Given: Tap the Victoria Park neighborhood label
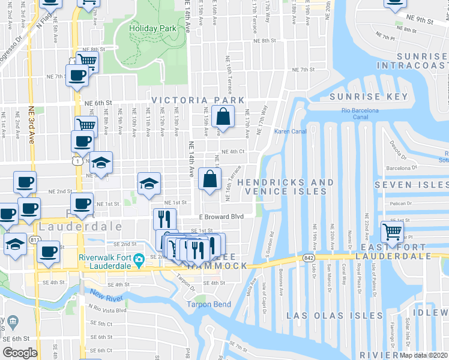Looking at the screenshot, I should [x=198, y=100].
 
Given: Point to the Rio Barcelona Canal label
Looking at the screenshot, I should [x=360, y=114].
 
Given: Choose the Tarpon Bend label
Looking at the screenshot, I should [x=208, y=304].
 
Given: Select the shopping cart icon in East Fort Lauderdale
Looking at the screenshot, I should [x=392, y=230].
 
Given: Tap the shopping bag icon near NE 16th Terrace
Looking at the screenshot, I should [x=209, y=179].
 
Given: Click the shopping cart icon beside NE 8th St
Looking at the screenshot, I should [x=88, y=60].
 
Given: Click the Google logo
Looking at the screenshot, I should [x=20, y=353].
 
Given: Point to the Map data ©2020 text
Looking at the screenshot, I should [x=423, y=355].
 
